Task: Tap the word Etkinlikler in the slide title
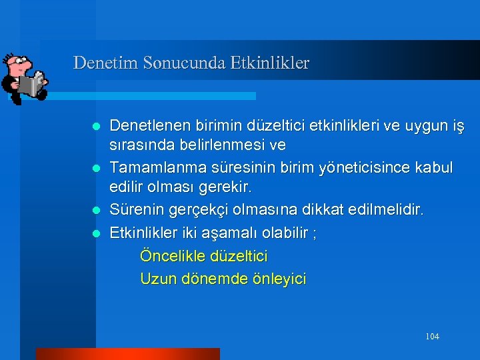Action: (x=269, y=63)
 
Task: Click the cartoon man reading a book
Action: (x=23, y=77)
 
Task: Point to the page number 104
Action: (x=432, y=337)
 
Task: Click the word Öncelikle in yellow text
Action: (x=172, y=255)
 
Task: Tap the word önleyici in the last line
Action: (x=279, y=279)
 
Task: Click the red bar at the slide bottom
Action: (x=127, y=354)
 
